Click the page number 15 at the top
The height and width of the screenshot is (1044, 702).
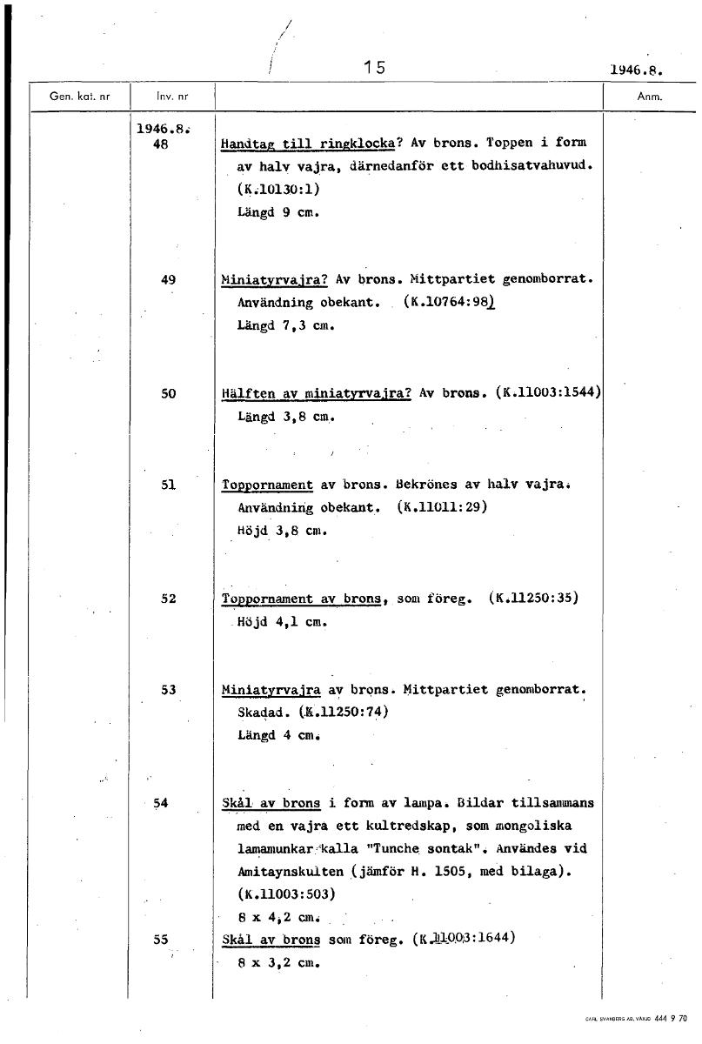coord(375,68)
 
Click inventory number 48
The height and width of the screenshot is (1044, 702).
coord(160,146)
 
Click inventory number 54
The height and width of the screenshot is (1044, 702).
coord(160,803)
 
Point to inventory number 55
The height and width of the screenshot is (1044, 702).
coord(160,940)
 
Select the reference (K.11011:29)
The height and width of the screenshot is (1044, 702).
coord(440,507)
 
